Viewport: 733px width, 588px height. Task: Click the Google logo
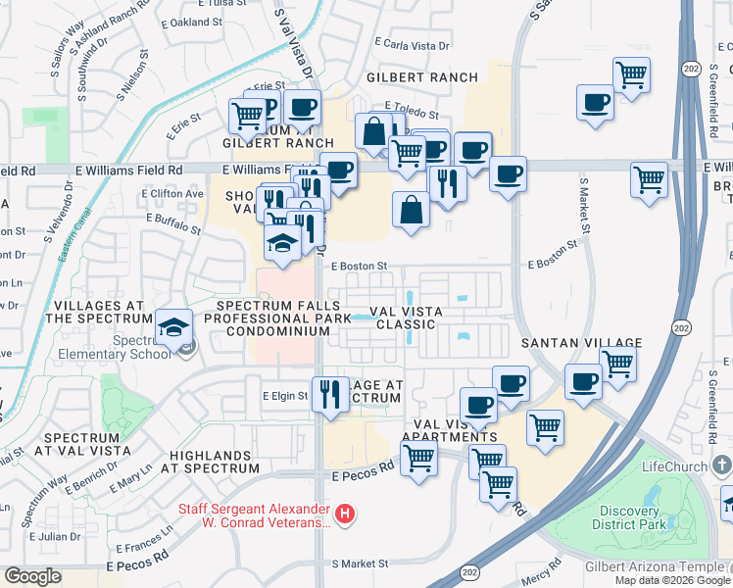tap(33, 576)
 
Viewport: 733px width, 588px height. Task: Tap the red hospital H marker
tap(344, 513)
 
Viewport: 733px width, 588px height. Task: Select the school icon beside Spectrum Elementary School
tap(173, 328)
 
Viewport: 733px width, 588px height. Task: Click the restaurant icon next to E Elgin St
tap(329, 395)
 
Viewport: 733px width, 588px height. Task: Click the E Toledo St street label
tap(416, 106)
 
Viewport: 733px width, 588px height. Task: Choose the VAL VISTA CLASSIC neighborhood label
tap(406, 318)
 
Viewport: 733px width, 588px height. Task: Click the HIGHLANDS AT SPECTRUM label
tap(214, 462)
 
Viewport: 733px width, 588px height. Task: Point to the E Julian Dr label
tap(54, 537)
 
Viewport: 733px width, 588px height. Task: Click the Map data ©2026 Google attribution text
tap(671, 580)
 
